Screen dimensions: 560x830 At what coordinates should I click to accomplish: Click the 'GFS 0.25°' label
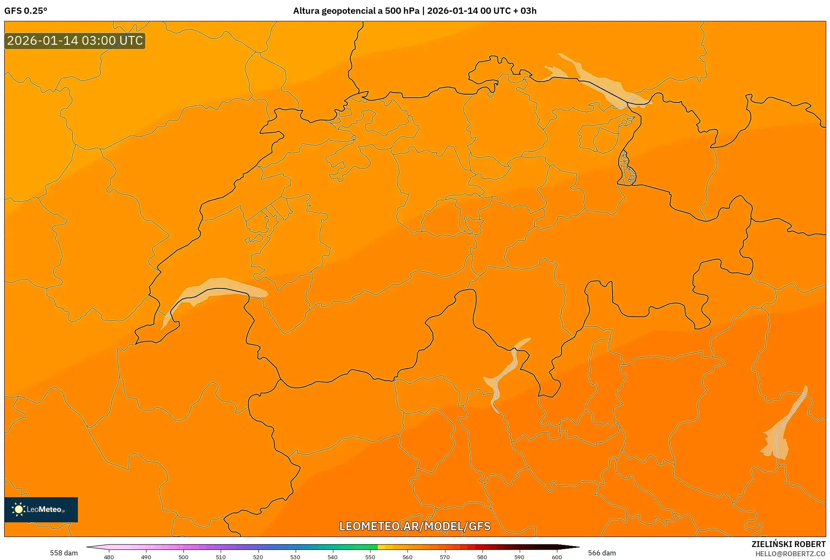pos(26,11)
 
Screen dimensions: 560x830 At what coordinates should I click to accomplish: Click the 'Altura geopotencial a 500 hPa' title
pos(356,11)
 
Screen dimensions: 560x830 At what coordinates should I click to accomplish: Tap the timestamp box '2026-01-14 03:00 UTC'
pos(75,41)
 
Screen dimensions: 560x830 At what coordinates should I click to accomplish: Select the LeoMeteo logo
pos(41,509)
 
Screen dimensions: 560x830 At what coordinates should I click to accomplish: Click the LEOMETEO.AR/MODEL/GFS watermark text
pos(415,526)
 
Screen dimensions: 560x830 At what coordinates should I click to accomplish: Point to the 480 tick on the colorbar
pos(109,557)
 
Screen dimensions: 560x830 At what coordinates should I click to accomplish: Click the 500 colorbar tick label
pos(183,557)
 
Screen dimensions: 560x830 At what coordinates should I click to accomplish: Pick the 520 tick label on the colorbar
pos(258,557)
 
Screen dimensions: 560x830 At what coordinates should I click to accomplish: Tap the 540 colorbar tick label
pos(333,557)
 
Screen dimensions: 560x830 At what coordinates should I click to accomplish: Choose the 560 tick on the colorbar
pos(407,557)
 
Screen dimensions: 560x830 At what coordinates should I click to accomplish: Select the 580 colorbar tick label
pos(482,557)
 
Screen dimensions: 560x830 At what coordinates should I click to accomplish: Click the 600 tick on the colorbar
pos(557,557)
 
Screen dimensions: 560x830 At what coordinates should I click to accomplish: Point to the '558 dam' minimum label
pos(64,553)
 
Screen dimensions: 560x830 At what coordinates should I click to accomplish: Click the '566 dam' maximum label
pos(602,553)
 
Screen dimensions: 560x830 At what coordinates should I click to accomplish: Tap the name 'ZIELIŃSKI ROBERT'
pos(789,544)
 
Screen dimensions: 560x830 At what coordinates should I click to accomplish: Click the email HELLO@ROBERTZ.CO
pos(790,554)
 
